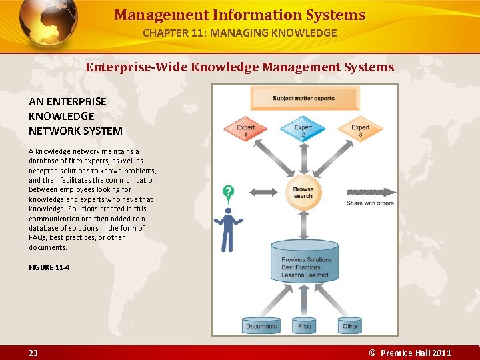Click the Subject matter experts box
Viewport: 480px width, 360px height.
click(x=304, y=99)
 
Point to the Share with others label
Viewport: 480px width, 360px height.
click(x=370, y=203)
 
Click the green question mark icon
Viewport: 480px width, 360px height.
click(x=229, y=195)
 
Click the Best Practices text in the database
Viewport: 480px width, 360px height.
click(x=301, y=267)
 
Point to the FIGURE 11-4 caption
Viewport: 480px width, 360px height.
click(x=49, y=267)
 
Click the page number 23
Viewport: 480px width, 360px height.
click(x=33, y=353)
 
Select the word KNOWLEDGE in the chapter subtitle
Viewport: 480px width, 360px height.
click(x=305, y=33)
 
